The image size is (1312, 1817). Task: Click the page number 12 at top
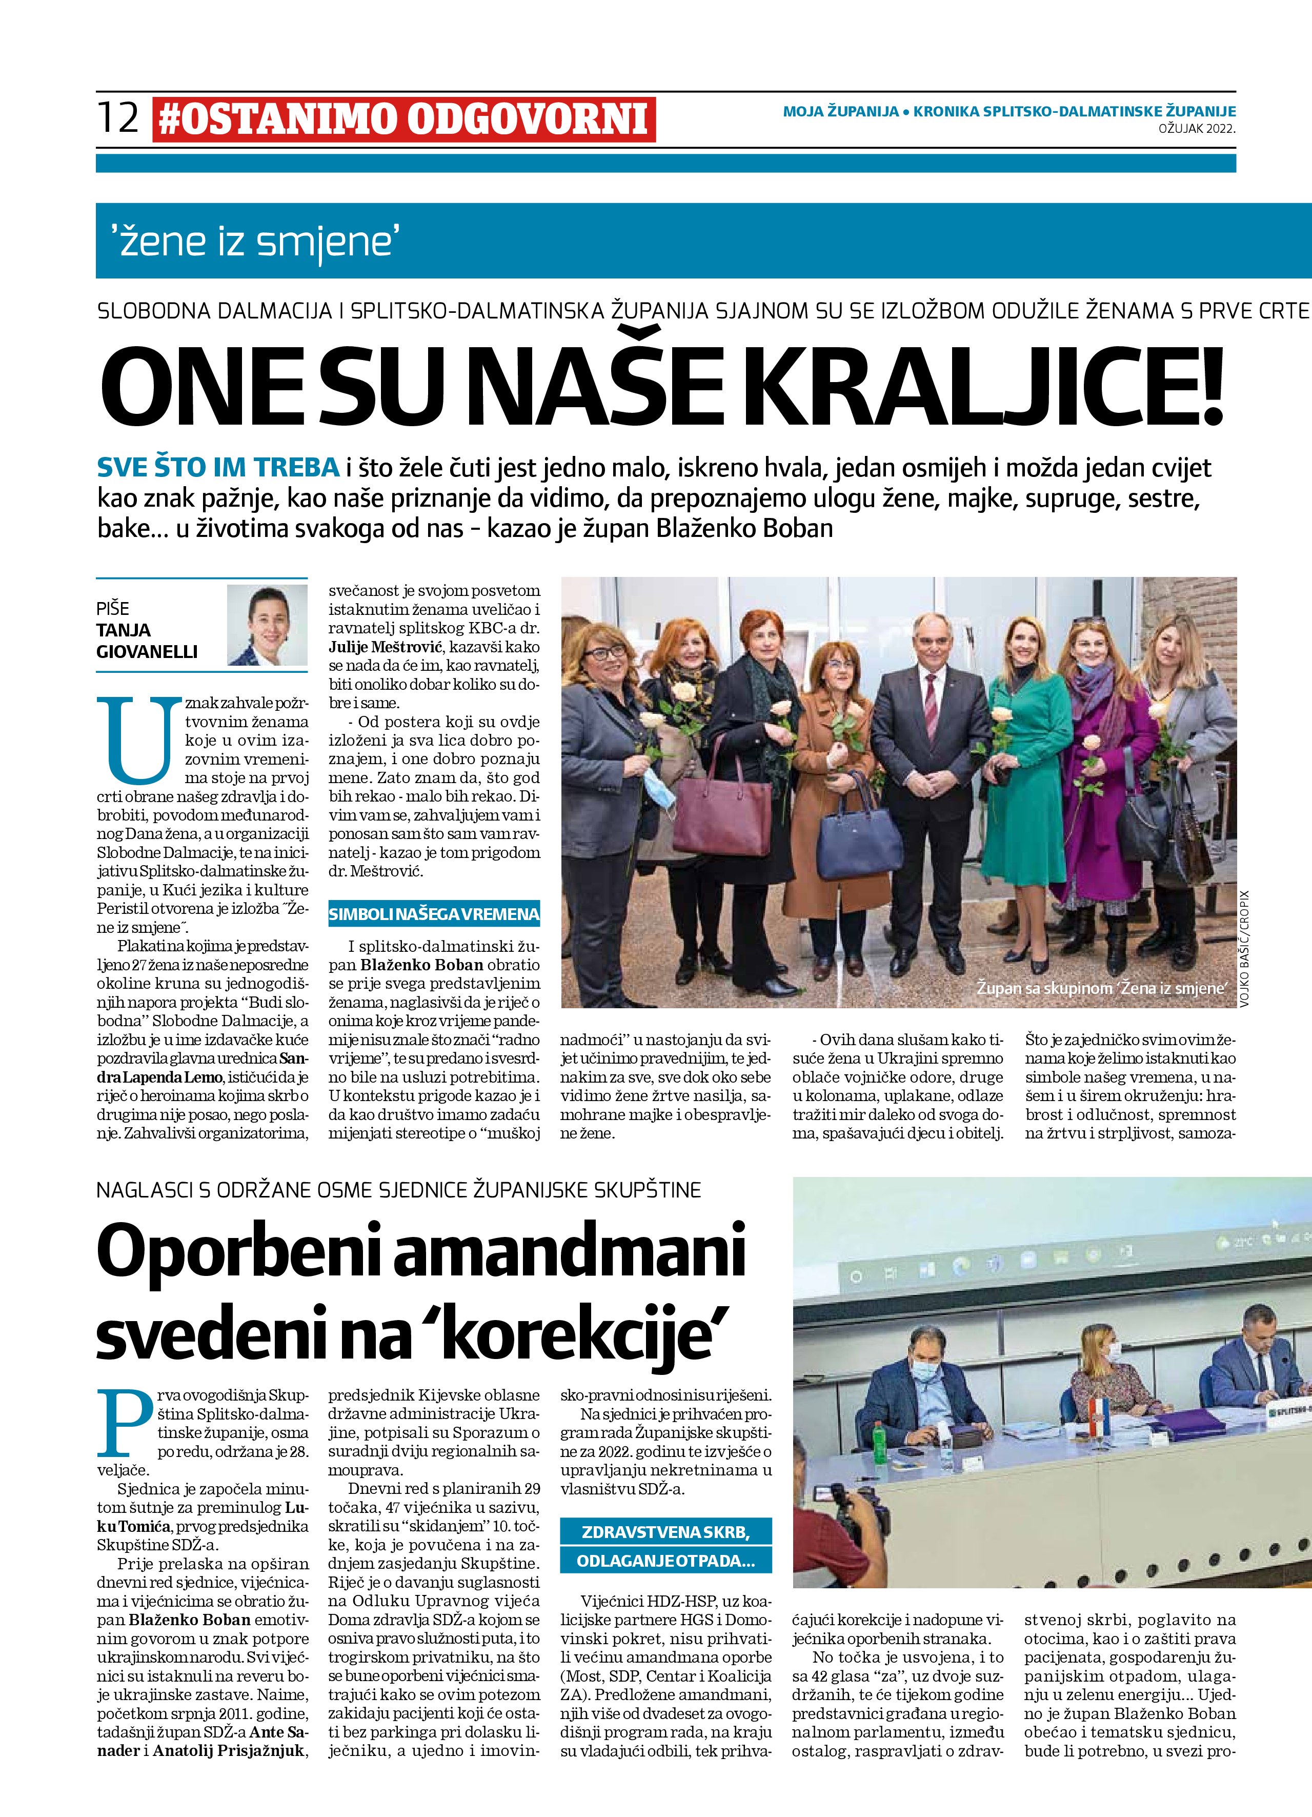(118, 118)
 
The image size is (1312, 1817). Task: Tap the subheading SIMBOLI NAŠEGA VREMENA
(434, 914)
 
